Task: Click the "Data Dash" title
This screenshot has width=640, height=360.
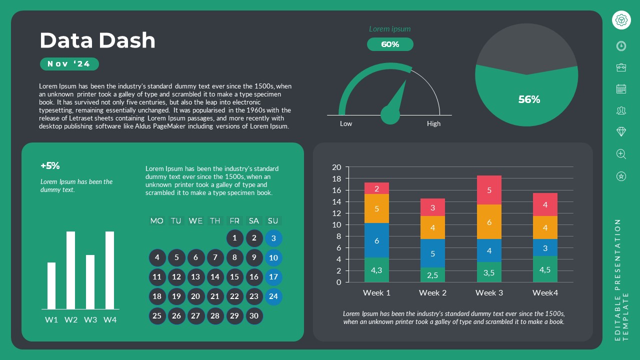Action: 97,40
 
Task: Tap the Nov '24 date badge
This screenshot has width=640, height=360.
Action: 69,64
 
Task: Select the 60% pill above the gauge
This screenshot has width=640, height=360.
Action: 390,44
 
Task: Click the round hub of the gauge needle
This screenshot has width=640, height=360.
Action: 390,114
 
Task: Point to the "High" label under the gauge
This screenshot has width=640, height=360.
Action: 433,123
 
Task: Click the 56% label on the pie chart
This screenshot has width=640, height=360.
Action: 529,99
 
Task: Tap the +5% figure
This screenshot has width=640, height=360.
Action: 50,165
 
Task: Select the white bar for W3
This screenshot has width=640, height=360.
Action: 90,282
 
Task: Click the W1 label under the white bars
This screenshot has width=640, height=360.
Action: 51,319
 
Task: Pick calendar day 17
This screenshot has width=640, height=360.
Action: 273,277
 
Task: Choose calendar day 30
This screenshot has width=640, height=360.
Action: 254,315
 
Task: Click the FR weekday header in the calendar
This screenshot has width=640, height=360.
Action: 234,220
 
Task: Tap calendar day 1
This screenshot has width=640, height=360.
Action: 234,238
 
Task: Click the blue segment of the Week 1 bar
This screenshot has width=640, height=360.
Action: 376,240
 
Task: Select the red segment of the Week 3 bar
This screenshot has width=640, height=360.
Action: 489,190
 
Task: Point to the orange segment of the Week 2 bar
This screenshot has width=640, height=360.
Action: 432,227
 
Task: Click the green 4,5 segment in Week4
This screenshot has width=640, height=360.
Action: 545,269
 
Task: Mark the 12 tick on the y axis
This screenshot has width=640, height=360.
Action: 336,213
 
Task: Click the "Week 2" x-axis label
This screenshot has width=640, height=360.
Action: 432,292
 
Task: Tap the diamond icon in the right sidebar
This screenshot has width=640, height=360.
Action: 621,131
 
